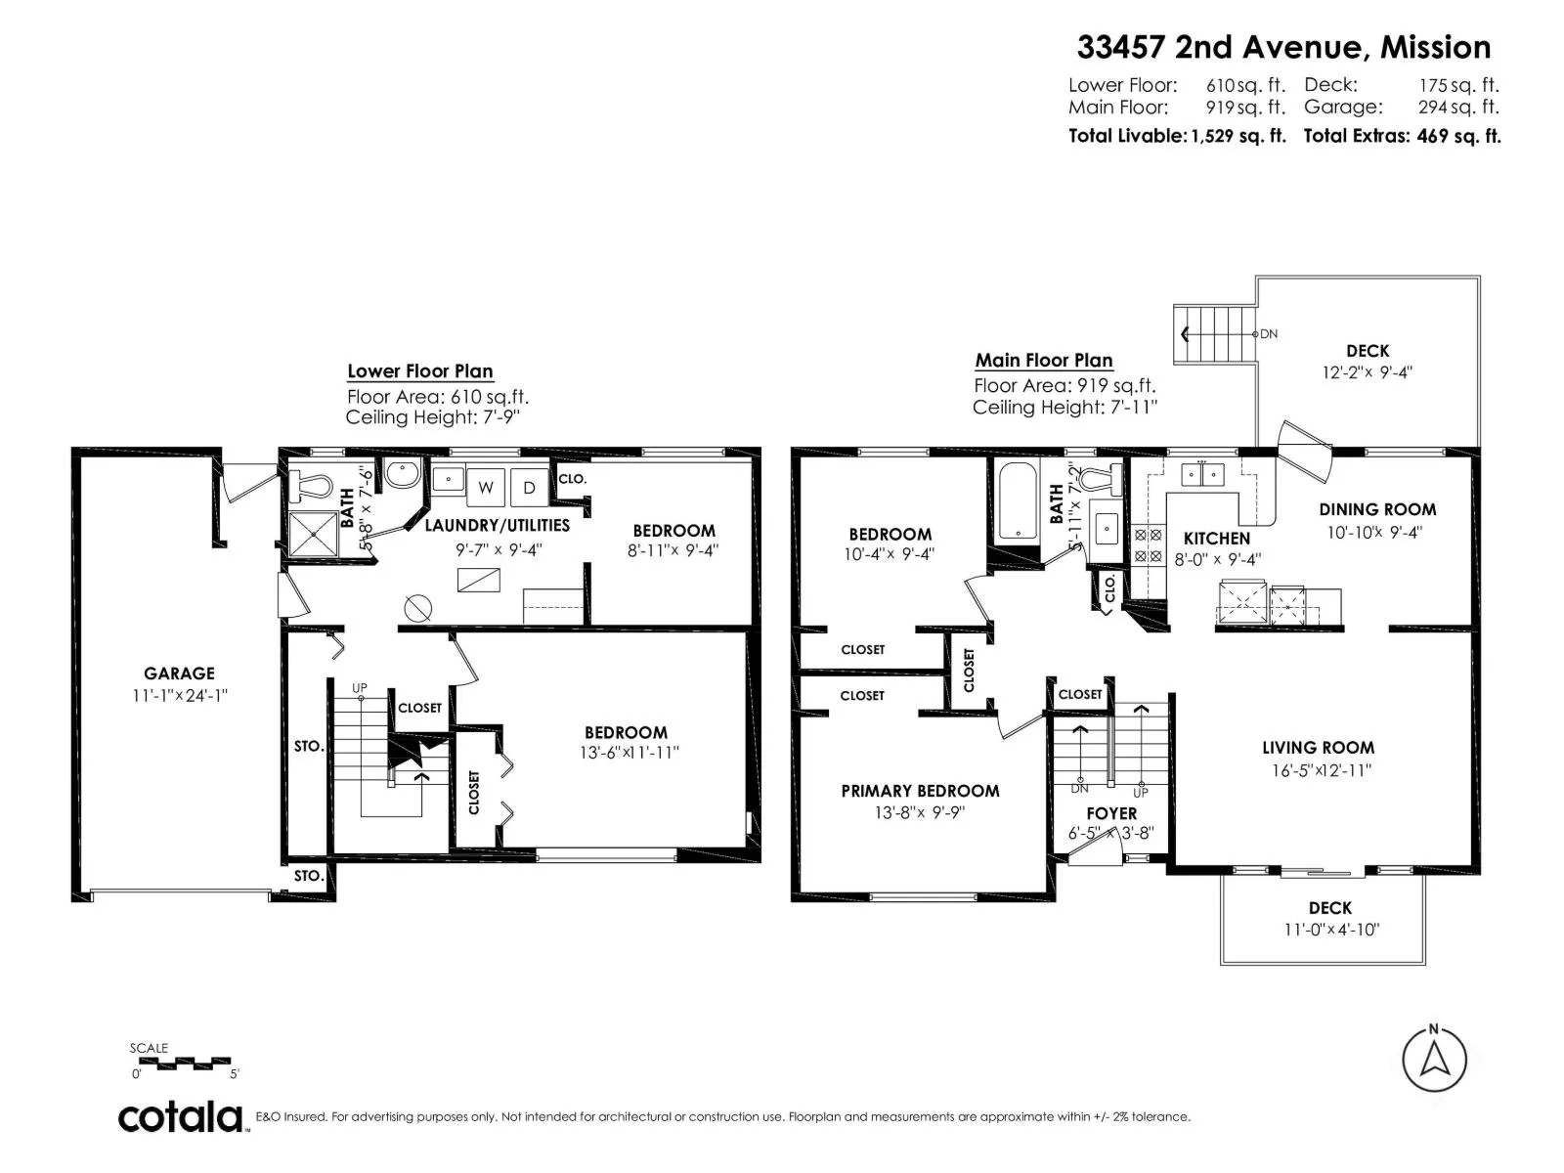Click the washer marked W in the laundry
pyautogui.click(x=486, y=487)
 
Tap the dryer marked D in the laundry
pyautogui.click(x=530, y=487)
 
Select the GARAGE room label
pyautogui.click(x=180, y=673)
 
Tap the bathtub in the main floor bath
pyautogui.click(x=1019, y=500)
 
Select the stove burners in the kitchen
pyautogui.click(x=1148, y=544)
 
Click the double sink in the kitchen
pyautogui.click(x=1202, y=474)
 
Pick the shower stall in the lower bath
pyautogui.click(x=313, y=534)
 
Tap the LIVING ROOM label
pyautogui.click(x=1319, y=748)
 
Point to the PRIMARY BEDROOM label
pyautogui.click(x=920, y=791)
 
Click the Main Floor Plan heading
pyautogui.click(x=1044, y=361)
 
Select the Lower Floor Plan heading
pyautogui.click(x=419, y=371)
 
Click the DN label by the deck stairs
pyautogui.click(x=1269, y=334)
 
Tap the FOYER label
pyautogui.click(x=1111, y=813)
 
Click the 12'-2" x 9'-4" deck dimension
pyautogui.click(x=1368, y=372)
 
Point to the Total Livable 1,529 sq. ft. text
pyautogui.click(x=1177, y=136)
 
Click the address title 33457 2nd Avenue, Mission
pyautogui.click(x=1284, y=48)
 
